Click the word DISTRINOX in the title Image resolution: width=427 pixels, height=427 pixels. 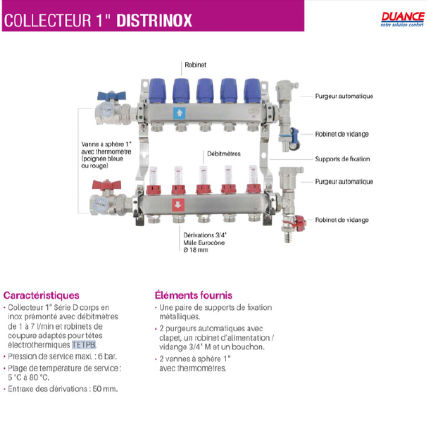(154, 20)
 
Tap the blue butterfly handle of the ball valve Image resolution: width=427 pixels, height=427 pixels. (108, 96)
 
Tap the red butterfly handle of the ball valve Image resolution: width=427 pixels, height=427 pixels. (106, 185)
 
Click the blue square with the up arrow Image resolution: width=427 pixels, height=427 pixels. (179, 113)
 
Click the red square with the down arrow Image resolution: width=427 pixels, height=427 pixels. (178, 205)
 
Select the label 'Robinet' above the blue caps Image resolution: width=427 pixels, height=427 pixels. (195, 65)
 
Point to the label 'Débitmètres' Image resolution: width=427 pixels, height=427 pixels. (224, 154)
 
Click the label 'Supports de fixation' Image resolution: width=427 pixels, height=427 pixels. (342, 159)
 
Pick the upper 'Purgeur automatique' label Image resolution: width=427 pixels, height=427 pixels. (344, 96)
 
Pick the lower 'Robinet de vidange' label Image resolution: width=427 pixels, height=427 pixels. (342, 220)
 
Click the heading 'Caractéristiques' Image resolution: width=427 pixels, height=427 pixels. (42, 295)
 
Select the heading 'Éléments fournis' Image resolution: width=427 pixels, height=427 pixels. (194, 295)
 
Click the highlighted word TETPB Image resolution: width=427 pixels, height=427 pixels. (83, 345)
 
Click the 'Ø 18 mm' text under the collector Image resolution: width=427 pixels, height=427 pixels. (196, 250)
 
